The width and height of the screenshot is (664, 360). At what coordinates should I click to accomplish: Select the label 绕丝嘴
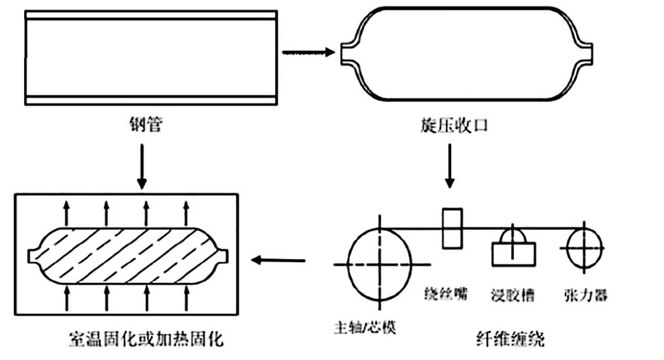click(x=447, y=293)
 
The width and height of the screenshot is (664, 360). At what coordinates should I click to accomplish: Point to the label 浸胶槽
click(x=513, y=295)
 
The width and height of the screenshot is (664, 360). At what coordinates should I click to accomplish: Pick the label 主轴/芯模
click(x=364, y=327)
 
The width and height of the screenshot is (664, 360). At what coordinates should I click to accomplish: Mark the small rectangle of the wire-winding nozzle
click(x=452, y=228)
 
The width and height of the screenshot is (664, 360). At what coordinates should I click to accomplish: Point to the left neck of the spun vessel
click(x=348, y=52)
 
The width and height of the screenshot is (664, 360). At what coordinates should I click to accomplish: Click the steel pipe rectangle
click(x=151, y=57)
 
